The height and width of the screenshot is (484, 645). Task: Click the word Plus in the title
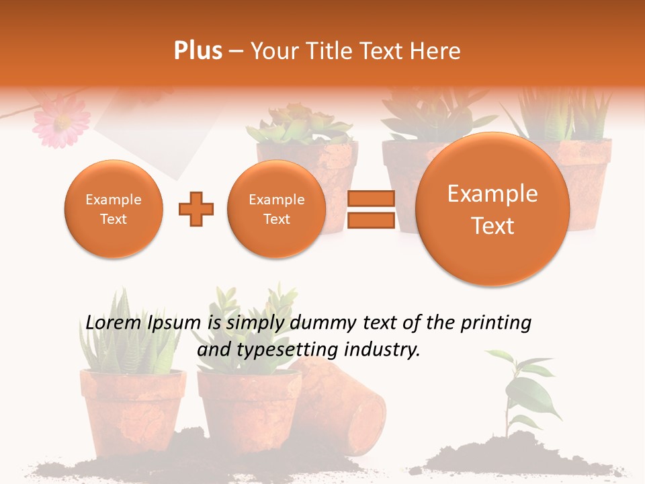pos(198,51)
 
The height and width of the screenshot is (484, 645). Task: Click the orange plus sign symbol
pos(196,209)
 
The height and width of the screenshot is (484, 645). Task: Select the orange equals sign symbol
pos(370,209)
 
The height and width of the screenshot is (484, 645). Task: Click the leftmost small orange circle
pos(114,209)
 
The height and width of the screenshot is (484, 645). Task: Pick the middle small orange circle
pos(277,209)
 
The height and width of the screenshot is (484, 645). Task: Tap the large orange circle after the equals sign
pos(492,209)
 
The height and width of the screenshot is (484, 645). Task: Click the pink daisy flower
pos(62,121)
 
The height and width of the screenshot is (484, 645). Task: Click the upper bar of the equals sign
pos(370,198)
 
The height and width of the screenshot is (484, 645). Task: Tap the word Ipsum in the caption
pos(177,323)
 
